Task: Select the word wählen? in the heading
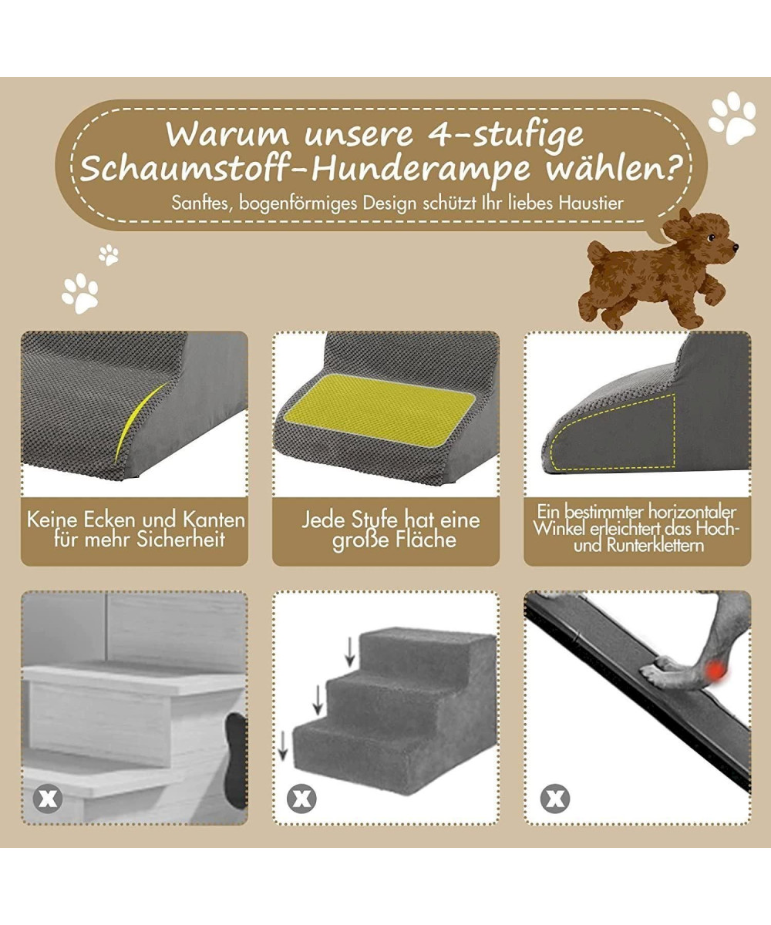pyautogui.click(x=613, y=168)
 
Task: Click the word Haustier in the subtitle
pyautogui.click(x=591, y=203)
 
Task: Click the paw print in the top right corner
pyautogui.click(x=732, y=117)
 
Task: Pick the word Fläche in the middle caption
pyautogui.click(x=426, y=540)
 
